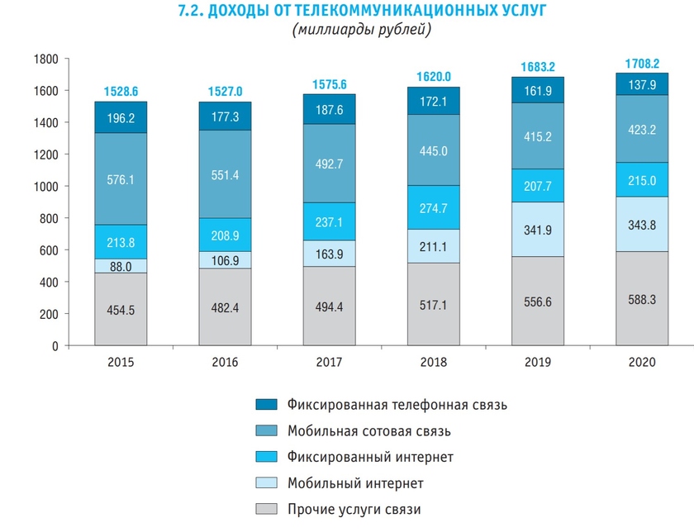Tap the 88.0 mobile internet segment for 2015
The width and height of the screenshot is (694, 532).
coord(121,266)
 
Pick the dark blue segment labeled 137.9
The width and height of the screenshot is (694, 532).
coord(642,85)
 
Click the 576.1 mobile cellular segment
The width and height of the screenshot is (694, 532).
coord(121,178)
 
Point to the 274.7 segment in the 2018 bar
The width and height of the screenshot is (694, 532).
coord(434,207)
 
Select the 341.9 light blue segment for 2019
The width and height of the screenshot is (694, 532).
coord(538,230)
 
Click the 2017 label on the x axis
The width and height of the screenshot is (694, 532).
coord(329,363)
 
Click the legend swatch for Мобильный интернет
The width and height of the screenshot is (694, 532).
coord(266,482)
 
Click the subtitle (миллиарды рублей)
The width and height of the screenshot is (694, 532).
coord(361,31)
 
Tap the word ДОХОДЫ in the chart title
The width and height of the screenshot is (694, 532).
coord(233,11)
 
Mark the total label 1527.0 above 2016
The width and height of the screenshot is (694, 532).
coord(225,91)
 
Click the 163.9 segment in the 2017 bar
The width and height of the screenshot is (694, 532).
coord(329,254)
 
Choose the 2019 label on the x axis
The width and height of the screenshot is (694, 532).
coord(538,363)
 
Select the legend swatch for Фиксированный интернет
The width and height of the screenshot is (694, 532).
coord(266,457)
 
